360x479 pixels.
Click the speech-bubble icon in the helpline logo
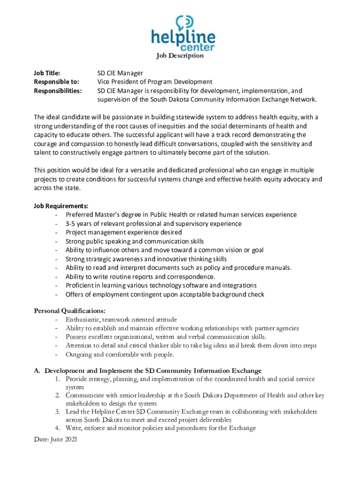183,22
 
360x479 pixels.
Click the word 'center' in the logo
197,47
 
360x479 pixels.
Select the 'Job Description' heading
180,56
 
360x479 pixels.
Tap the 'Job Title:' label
47,73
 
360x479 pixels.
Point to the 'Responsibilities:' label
58,91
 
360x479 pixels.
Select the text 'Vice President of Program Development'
154,82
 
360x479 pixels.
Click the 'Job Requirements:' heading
61,206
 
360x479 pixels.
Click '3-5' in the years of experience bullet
71,224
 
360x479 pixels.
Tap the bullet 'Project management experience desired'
123,232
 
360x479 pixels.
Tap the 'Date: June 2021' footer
56,440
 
